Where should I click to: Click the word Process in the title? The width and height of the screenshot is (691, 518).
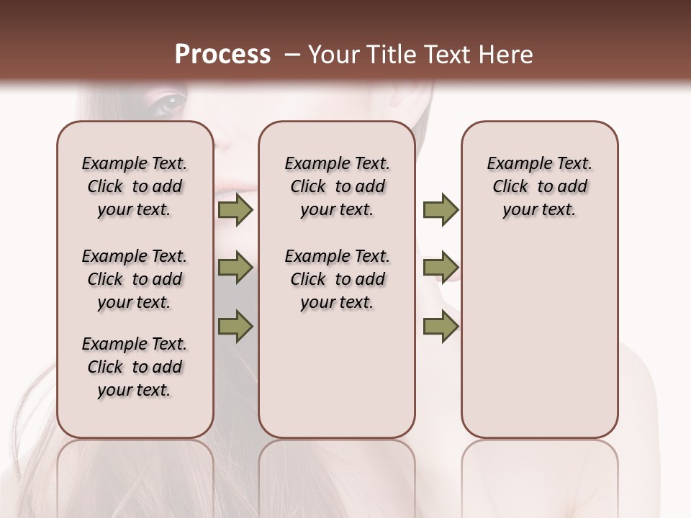point(222,55)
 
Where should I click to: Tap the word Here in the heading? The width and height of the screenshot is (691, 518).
point(506,55)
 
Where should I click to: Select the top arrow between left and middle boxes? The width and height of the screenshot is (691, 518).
point(235,210)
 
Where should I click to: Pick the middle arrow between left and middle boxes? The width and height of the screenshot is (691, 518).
point(235,268)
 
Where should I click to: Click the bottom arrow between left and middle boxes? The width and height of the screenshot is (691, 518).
point(235,326)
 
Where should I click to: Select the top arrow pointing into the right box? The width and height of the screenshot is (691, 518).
point(441,210)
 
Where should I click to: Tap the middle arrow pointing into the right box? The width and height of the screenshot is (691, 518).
point(441,268)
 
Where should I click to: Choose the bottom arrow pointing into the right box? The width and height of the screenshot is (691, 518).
point(441,326)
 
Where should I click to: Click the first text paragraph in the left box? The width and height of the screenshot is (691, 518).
point(135,186)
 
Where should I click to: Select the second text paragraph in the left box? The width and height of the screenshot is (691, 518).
point(135,279)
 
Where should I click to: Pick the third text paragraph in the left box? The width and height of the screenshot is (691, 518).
point(135,367)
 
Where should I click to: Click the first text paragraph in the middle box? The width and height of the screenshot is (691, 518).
point(337,186)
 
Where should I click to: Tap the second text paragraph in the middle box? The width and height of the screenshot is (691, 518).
point(337,279)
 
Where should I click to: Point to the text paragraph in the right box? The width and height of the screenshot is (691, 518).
point(539,186)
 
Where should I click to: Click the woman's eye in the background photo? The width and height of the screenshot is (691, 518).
point(170,104)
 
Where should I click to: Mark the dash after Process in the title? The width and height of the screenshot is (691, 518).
point(292,55)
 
